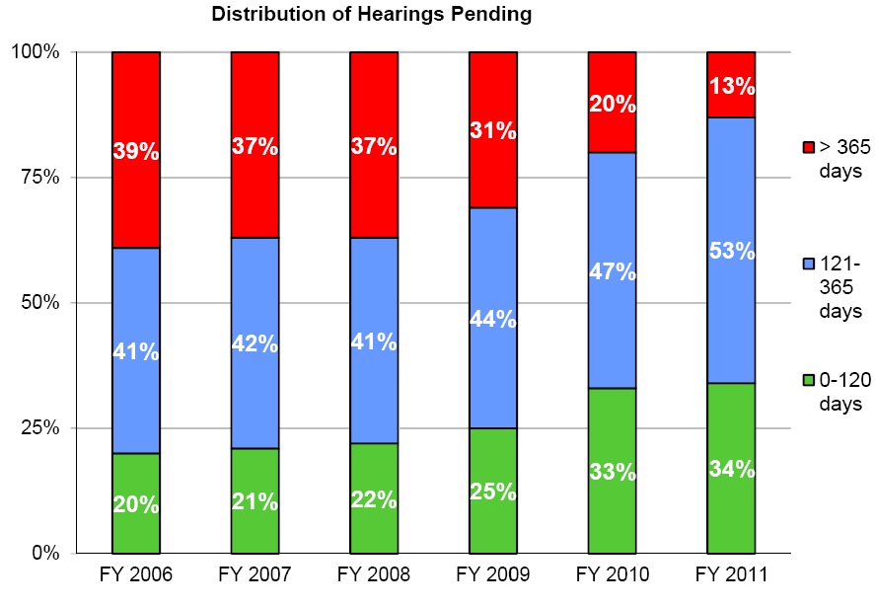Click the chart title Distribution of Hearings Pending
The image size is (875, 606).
click(x=372, y=15)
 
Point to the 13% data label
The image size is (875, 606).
click(x=731, y=85)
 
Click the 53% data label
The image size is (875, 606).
click(x=731, y=251)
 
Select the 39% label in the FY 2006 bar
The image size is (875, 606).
click(x=136, y=151)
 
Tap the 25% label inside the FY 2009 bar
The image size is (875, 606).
click(x=492, y=491)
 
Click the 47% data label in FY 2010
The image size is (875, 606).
click(x=612, y=271)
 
